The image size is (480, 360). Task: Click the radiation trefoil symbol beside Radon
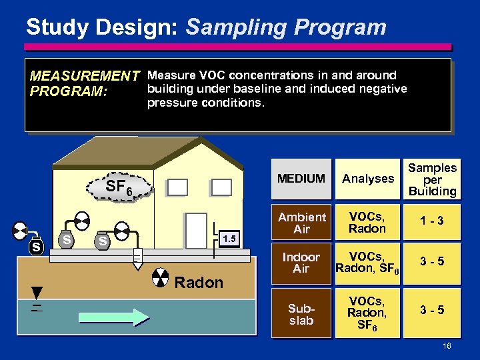[x=160, y=278]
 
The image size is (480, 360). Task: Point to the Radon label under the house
[x=198, y=283]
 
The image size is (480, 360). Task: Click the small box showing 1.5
[x=228, y=238]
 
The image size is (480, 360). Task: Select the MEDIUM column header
[x=301, y=179]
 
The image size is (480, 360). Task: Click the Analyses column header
[x=367, y=179]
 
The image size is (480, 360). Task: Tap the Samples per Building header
[x=432, y=179]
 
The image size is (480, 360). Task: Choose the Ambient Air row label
[x=301, y=223]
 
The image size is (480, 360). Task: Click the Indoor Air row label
[x=301, y=263]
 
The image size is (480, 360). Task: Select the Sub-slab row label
[x=301, y=314]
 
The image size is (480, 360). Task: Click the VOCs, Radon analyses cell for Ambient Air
[x=367, y=223]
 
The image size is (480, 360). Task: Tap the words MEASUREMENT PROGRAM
[x=84, y=83]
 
